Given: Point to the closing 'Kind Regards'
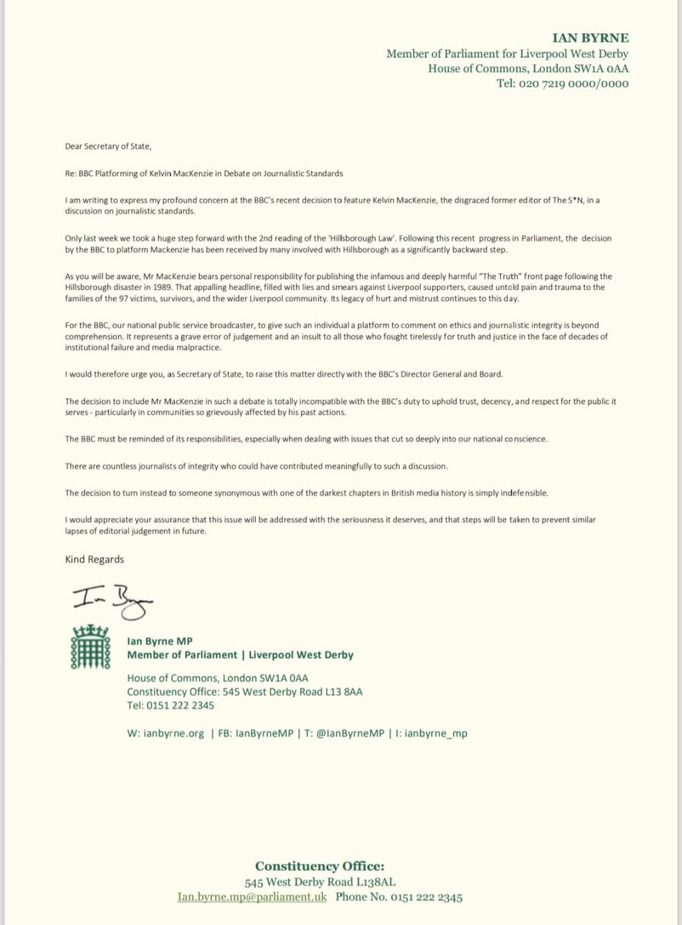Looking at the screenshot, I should tap(94, 559).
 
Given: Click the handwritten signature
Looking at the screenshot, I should tap(112, 598).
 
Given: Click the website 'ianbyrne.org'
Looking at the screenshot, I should tap(175, 733).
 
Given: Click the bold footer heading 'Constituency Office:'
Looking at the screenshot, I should tap(340, 865).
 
